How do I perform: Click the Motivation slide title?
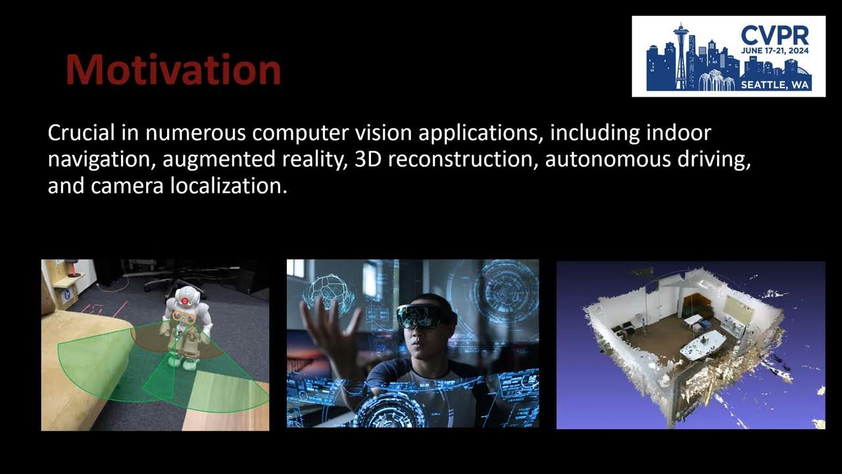pos(173,69)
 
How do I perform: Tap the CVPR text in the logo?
pos(774,35)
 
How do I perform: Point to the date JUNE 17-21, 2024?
pos(774,51)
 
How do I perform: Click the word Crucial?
pos(81,133)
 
